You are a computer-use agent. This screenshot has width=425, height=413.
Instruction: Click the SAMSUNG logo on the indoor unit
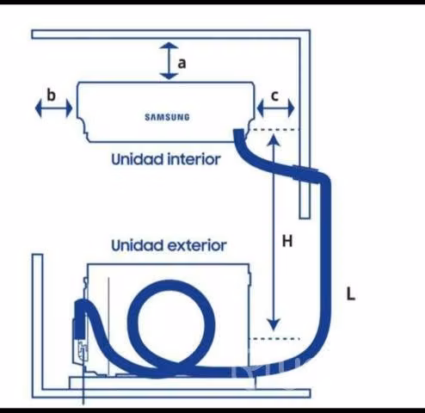[167, 117]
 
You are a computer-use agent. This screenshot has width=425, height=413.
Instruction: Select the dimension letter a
[182, 63]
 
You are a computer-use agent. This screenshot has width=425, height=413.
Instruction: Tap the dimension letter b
[51, 95]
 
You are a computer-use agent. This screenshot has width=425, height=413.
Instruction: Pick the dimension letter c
[274, 96]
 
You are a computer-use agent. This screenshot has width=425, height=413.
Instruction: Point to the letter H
[287, 241]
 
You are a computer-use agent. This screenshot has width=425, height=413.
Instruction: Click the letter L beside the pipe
[351, 294]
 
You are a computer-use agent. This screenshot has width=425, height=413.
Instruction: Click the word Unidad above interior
[137, 159]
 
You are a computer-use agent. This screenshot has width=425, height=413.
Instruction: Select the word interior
[194, 159]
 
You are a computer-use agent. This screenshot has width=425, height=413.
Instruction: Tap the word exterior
[197, 245]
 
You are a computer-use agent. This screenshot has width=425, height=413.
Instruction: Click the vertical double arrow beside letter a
[169, 61]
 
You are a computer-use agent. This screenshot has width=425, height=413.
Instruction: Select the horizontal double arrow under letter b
[53, 108]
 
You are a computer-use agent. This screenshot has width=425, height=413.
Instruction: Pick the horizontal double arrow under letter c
[275, 108]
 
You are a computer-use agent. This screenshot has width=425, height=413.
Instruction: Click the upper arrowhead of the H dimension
[274, 139]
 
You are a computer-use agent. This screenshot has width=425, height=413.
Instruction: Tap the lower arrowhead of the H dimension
[274, 324]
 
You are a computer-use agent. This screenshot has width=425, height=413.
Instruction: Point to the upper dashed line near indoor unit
[274, 130]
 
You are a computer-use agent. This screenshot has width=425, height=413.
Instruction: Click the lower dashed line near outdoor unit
[274, 339]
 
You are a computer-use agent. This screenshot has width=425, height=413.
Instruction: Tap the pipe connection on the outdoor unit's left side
[80, 317]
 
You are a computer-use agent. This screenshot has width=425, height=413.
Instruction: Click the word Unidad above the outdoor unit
[137, 245]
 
